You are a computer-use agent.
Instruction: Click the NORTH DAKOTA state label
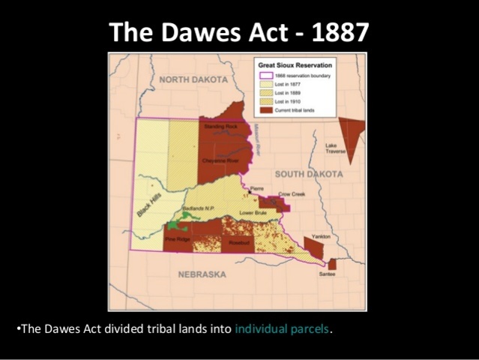point(193,79)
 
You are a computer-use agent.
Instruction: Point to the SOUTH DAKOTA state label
point(308,174)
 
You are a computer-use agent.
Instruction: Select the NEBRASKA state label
point(202,274)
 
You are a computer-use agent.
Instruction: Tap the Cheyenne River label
point(220,160)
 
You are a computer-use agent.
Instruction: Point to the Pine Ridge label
point(178,239)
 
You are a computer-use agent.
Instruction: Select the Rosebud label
point(239,242)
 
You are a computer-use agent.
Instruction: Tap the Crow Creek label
point(289,193)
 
